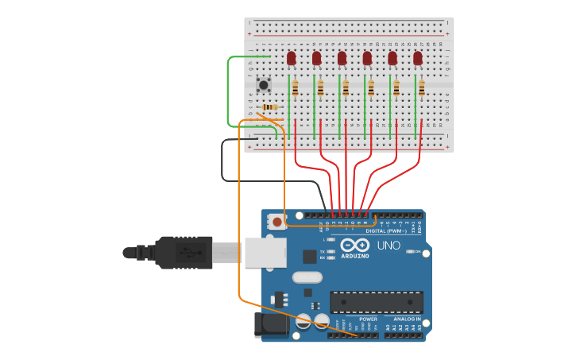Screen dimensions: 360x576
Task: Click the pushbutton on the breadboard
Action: [263, 83]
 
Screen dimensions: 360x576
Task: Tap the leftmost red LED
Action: [292, 57]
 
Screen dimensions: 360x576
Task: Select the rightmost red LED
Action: [418, 57]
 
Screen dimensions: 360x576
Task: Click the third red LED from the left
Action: [342, 57]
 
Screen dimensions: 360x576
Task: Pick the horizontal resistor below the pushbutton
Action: [270, 107]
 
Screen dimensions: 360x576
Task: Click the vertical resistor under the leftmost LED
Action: [296, 87]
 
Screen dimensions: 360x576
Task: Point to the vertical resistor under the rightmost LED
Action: [422, 87]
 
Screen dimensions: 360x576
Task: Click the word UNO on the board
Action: [389, 246]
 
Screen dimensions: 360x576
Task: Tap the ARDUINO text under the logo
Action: [355, 256]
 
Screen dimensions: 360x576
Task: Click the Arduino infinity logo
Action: [355, 245]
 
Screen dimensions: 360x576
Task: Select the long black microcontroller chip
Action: [377, 302]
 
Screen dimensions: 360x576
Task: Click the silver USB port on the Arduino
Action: [265, 252]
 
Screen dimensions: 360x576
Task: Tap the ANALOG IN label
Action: [407, 319]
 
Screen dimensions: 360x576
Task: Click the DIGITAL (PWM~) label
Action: [387, 230]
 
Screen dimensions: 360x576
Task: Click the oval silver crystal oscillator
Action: [307, 277]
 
